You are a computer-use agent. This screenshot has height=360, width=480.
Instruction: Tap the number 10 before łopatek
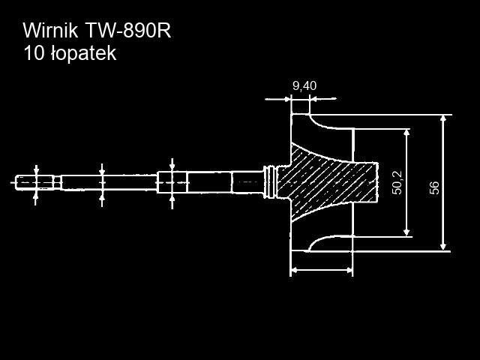tap(34, 54)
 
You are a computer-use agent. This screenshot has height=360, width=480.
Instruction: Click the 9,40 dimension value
tap(304, 85)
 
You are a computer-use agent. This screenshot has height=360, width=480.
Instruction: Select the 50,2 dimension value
tap(397, 182)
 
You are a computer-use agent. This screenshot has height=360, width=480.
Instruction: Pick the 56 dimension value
tap(434, 187)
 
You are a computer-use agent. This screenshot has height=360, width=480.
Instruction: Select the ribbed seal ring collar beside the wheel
tap(271, 181)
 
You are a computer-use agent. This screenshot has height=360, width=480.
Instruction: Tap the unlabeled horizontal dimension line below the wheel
tap(321, 269)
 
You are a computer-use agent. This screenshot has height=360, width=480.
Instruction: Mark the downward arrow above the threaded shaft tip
tap(36, 169)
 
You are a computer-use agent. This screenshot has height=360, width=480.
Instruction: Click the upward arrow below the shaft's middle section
tap(103, 197)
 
